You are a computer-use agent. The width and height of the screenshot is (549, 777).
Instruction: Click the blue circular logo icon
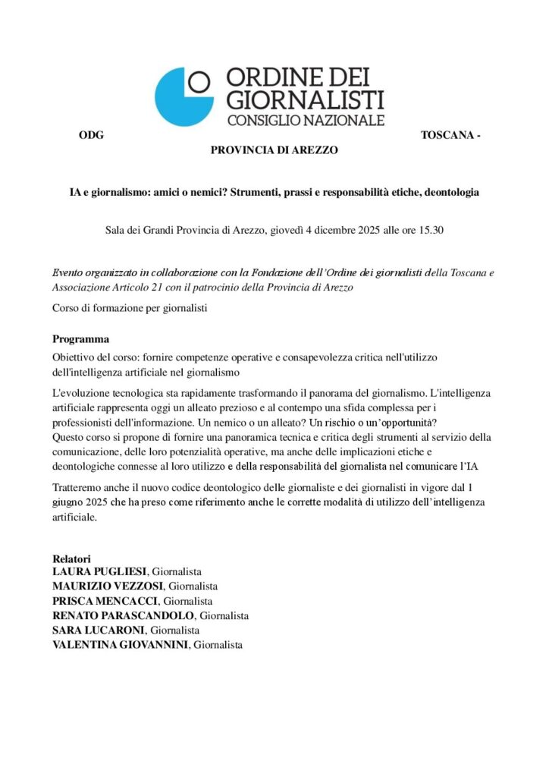coord(183,96)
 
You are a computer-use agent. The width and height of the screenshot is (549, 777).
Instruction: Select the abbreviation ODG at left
coord(90,136)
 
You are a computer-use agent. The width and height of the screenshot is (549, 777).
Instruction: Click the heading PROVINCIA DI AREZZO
coord(274,150)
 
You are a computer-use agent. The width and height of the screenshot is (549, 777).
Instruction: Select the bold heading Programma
coord(81,338)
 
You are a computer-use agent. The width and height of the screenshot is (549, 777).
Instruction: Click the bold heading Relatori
coord(71,558)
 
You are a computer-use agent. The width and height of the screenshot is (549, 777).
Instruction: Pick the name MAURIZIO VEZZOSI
coord(108,586)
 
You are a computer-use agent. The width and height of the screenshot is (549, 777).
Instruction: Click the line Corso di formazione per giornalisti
coord(130,309)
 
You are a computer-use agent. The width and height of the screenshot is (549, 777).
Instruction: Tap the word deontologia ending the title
coord(452,193)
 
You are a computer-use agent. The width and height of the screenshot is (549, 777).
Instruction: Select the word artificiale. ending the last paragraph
coord(75,517)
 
